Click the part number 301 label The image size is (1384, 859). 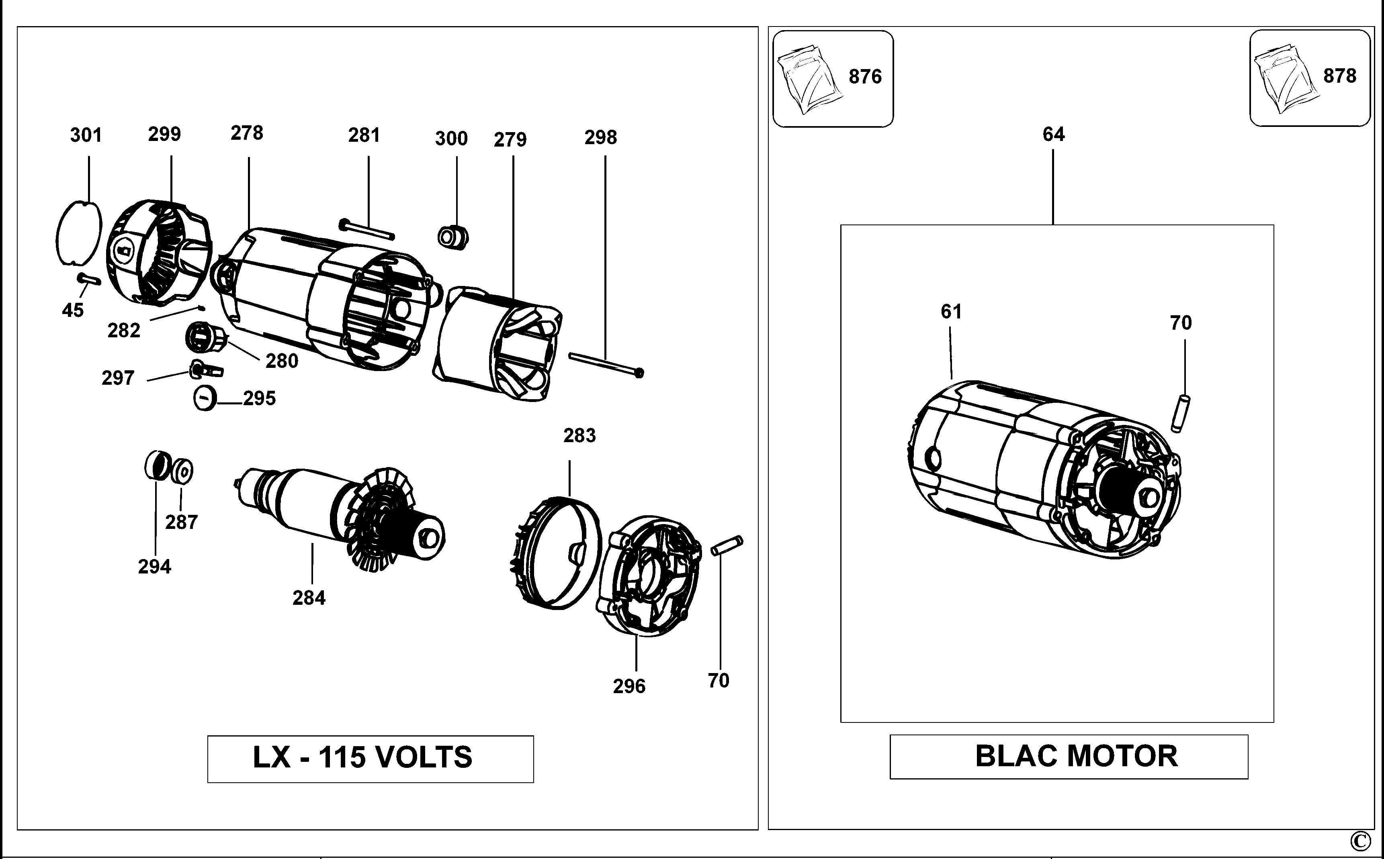(86, 135)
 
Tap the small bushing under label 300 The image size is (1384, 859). (452, 237)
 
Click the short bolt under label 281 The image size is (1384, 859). (366, 230)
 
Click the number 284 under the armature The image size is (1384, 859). (309, 598)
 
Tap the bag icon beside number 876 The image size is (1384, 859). (808, 79)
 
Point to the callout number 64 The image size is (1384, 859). (1053, 135)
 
